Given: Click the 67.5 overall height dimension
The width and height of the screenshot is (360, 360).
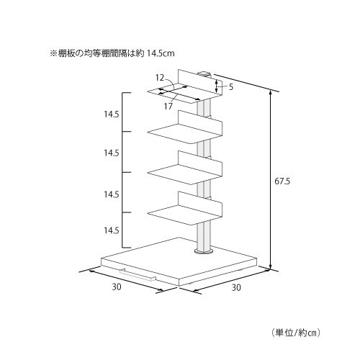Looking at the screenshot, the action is point(282,181).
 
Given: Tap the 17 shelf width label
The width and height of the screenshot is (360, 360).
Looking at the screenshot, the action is point(168,106).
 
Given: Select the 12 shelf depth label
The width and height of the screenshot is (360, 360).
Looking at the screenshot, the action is point(160,78).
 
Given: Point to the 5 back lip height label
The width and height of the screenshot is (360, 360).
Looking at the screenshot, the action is point(231,87).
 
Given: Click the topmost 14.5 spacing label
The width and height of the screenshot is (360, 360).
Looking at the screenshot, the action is point(112,114).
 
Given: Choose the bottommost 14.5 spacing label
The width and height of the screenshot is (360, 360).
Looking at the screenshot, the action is point(112,230).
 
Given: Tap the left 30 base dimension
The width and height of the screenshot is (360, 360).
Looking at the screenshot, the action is point(117,287).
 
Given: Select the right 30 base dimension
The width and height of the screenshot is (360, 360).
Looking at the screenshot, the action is point(236,287).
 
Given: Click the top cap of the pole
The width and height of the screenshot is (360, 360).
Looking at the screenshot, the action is point(204,73).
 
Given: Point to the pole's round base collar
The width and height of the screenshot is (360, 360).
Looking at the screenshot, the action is point(204,251).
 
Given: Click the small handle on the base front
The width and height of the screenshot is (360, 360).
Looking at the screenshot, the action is point(138,275).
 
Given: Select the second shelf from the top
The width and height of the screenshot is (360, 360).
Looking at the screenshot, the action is point(185,127).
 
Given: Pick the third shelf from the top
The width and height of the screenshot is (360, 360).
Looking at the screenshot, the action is point(185,168).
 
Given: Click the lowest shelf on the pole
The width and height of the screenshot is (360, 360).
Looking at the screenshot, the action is point(185,208).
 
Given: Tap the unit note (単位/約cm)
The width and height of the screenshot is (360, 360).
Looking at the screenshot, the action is point(296,333).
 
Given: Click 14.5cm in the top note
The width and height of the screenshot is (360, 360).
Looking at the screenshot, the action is point(161,53).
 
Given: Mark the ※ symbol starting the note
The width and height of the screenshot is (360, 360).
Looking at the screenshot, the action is point(53,53).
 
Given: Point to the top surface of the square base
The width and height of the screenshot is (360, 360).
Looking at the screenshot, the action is point(179,258).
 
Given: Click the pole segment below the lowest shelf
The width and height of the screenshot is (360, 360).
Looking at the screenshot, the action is point(204,236).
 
